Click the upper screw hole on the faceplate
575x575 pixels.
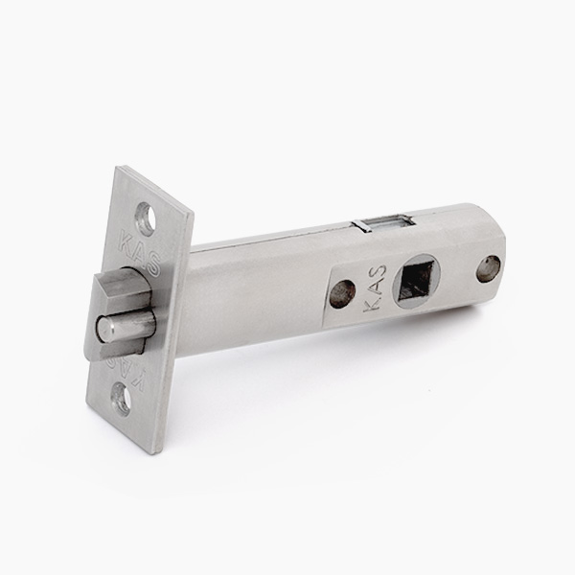click(146, 218)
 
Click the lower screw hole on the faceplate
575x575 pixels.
click(121, 397)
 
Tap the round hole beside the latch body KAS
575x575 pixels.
click(342, 293)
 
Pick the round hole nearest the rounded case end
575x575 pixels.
click(488, 268)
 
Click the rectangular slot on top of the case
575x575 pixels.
click(384, 223)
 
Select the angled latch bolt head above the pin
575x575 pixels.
click(117, 287)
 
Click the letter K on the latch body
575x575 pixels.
click(374, 306)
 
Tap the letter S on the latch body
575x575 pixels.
click(377, 272)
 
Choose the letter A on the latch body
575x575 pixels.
click(375, 288)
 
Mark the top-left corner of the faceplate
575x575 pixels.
click(118, 169)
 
